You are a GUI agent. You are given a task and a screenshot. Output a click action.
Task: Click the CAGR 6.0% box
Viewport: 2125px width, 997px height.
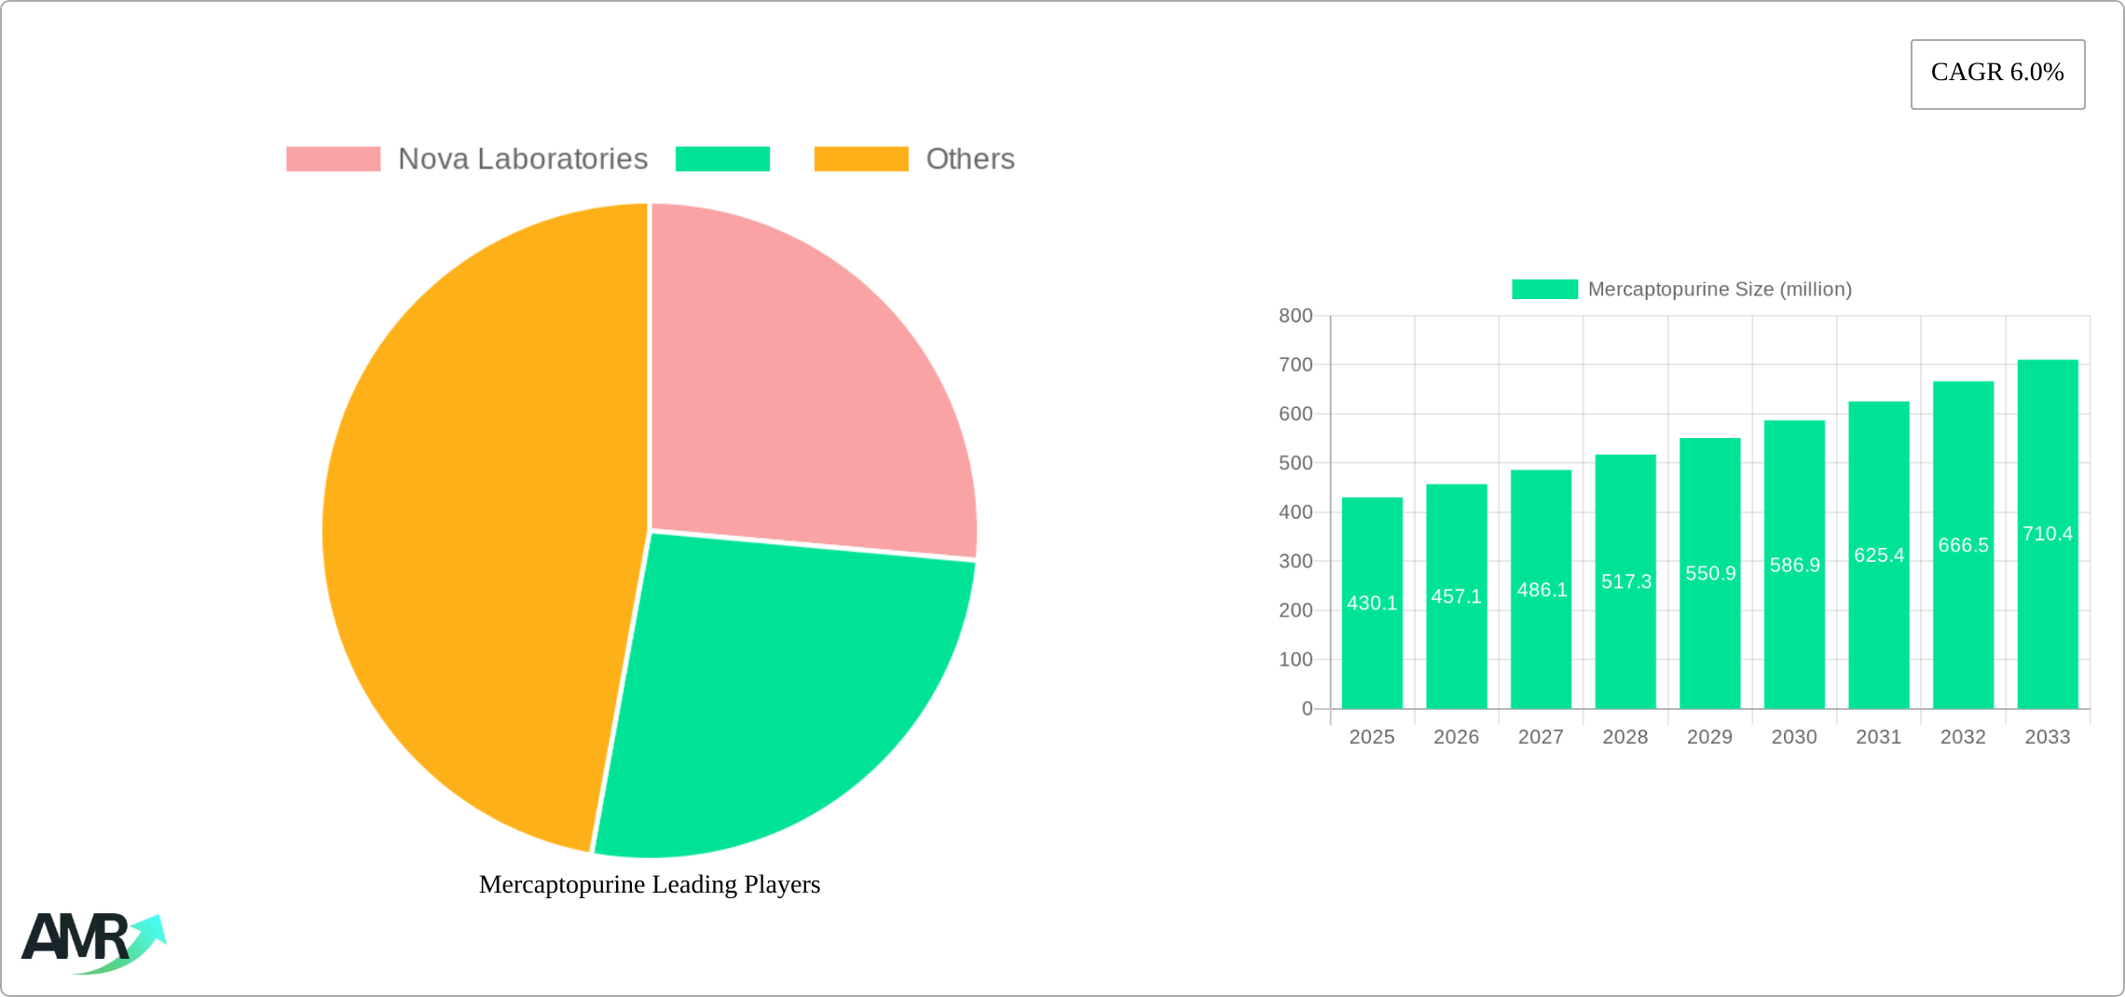coord(1997,74)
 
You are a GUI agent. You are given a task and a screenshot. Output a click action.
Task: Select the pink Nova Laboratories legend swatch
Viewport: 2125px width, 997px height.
coord(333,159)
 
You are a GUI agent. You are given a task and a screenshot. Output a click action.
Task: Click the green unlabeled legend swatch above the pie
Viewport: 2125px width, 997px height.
coord(722,159)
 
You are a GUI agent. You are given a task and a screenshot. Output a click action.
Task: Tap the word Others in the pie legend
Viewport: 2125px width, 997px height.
coord(969,159)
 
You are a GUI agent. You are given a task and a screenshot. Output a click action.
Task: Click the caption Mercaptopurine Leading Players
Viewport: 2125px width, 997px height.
coord(650,884)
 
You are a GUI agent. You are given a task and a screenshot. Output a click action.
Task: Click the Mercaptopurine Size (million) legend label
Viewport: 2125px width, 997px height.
coord(1719,290)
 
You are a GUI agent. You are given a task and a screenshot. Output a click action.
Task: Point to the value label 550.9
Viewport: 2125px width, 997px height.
coord(1710,574)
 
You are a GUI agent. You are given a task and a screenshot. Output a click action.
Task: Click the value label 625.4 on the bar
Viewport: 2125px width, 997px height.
coord(1879,555)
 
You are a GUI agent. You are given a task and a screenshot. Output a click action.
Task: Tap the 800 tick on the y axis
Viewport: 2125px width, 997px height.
coord(1296,316)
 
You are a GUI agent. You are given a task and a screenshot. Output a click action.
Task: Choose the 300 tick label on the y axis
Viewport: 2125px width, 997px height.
coord(1296,562)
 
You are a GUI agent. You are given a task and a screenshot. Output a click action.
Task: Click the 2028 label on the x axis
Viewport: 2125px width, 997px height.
coord(1625,737)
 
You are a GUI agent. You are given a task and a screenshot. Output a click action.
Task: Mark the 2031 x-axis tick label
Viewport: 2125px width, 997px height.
coord(1878,737)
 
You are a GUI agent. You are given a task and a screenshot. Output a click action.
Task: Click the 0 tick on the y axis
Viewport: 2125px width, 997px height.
coord(1307,709)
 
